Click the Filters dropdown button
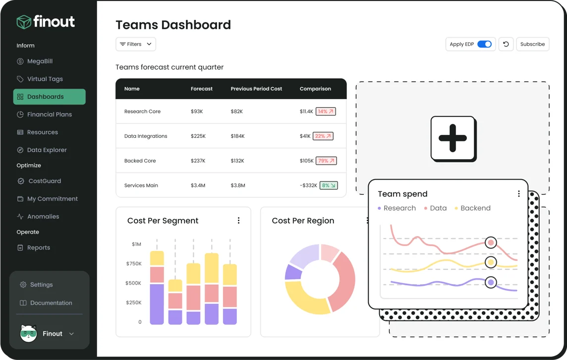[136, 44]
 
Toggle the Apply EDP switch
[484, 44]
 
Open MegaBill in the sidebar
[40, 61]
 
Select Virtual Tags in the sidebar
[45, 79]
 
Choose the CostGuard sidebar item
[44, 181]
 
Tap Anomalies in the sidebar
[43, 217]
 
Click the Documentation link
[51, 303]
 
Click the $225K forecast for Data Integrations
[198, 136]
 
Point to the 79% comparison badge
[326, 161]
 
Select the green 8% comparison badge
[329, 185]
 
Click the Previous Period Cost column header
[256, 89]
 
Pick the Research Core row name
[142, 112]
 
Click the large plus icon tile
[453, 138]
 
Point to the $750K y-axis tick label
[133, 264]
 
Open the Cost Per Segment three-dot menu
[238, 221]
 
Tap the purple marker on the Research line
[491, 283]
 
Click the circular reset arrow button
[506, 44]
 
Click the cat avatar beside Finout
[28, 334]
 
